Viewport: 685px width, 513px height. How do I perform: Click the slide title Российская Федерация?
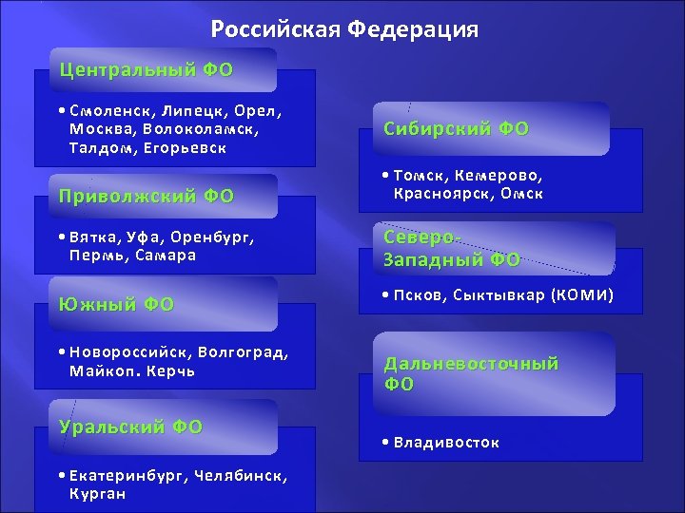coord(344,29)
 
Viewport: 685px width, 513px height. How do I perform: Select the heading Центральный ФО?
coord(147,69)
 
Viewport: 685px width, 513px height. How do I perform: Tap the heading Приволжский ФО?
coord(147,197)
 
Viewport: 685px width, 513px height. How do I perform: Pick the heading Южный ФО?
coord(117,304)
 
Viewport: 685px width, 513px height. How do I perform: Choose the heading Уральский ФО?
coord(131,427)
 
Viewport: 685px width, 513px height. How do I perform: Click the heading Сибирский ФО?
coord(457,128)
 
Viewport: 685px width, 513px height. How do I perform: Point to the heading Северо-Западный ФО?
coord(452,248)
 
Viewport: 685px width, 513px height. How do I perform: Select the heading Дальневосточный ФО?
coord(471,373)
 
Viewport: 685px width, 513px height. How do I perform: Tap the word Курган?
coord(97,494)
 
